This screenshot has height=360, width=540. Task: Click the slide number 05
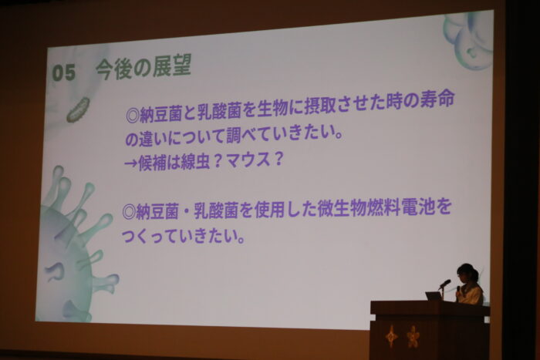click(x=64, y=73)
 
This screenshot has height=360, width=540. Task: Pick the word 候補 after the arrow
click(x=152, y=163)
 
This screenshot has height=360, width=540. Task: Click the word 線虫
click(x=195, y=161)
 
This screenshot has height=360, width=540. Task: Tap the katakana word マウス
click(x=248, y=160)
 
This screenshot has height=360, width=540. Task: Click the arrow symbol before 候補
click(x=130, y=163)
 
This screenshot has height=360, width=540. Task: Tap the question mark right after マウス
click(x=277, y=159)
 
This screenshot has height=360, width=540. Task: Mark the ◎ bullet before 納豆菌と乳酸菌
click(x=132, y=116)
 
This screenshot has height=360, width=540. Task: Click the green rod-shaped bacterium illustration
click(x=78, y=110)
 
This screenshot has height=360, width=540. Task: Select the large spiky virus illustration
click(x=74, y=245)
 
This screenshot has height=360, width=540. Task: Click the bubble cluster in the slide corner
click(x=468, y=39)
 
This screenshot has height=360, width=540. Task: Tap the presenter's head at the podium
click(x=467, y=274)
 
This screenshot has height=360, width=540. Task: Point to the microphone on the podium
click(x=444, y=284)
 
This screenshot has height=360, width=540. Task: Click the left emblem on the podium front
click(x=391, y=335)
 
